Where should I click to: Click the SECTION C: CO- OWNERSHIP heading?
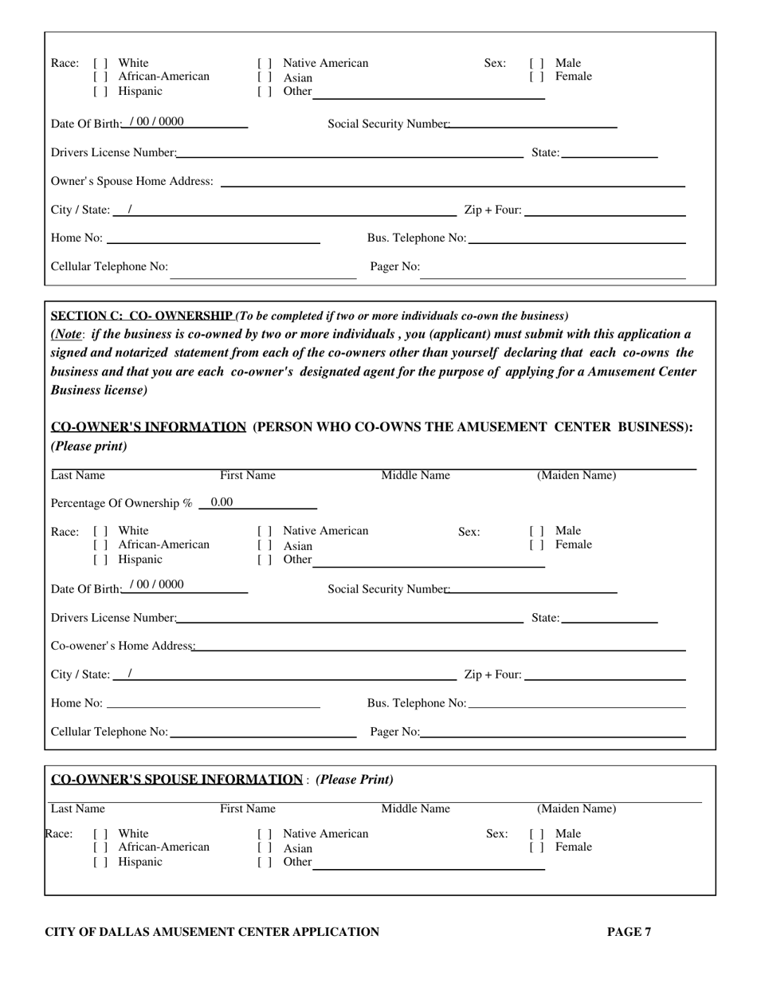(142, 316)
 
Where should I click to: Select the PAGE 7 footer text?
(629, 931)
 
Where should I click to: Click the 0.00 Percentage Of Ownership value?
(222, 502)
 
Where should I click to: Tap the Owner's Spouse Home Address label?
(131, 182)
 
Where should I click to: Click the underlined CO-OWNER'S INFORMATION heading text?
(148, 427)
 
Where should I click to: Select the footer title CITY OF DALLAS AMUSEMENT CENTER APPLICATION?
(212, 931)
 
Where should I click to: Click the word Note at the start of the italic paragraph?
(68, 334)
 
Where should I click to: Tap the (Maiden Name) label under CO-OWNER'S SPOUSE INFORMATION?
(576, 809)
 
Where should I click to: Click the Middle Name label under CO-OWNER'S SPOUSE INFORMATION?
(415, 809)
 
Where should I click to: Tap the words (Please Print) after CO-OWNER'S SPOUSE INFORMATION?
(355, 779)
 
